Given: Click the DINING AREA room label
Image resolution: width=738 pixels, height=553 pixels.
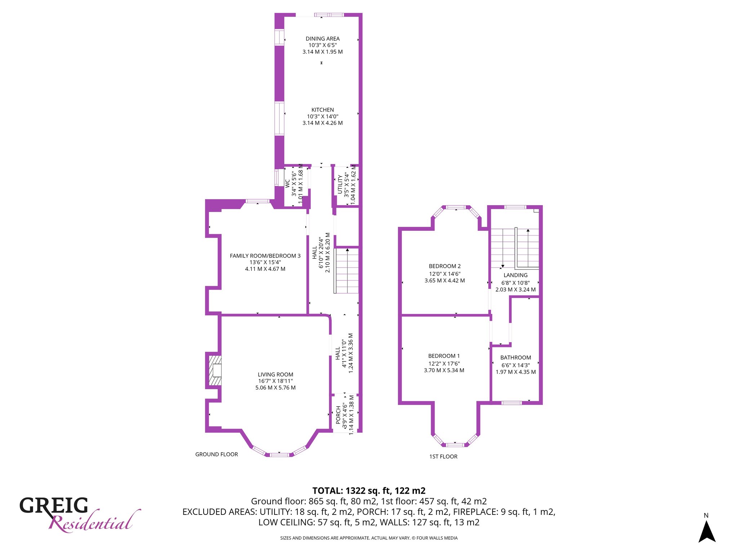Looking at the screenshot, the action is point(323,39).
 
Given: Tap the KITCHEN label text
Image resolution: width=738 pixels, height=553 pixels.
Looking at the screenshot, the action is point(323,110).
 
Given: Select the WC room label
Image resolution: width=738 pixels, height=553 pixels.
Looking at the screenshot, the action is point(287,184).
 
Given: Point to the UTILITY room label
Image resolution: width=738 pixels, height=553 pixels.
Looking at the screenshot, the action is point(340,185).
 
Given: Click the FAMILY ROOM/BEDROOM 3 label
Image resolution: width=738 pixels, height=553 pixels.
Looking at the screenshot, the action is point(265,256).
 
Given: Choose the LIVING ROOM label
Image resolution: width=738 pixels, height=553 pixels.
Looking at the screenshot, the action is point(275,375).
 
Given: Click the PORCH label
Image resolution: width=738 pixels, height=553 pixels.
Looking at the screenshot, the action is point(338,415).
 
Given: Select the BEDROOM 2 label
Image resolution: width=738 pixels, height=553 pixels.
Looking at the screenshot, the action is point(445,266).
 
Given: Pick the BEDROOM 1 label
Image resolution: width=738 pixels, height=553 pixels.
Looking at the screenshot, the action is point(444,356).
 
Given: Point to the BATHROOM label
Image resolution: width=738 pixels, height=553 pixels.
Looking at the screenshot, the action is point(516,358).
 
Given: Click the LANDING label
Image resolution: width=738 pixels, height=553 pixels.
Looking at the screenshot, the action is point(516,275).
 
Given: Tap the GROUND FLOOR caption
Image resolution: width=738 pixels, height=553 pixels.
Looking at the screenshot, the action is point(217,454).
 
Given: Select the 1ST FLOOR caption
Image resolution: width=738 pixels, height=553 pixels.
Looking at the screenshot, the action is point(443,457).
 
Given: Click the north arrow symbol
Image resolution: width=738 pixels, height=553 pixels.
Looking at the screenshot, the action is point(707,531).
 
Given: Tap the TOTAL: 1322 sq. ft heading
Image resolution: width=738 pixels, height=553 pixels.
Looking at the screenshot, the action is point(369,491).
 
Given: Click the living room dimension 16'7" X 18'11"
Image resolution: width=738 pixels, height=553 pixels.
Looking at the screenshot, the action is point(275,381).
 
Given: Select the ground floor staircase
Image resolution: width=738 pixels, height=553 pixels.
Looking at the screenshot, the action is point(347,270).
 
